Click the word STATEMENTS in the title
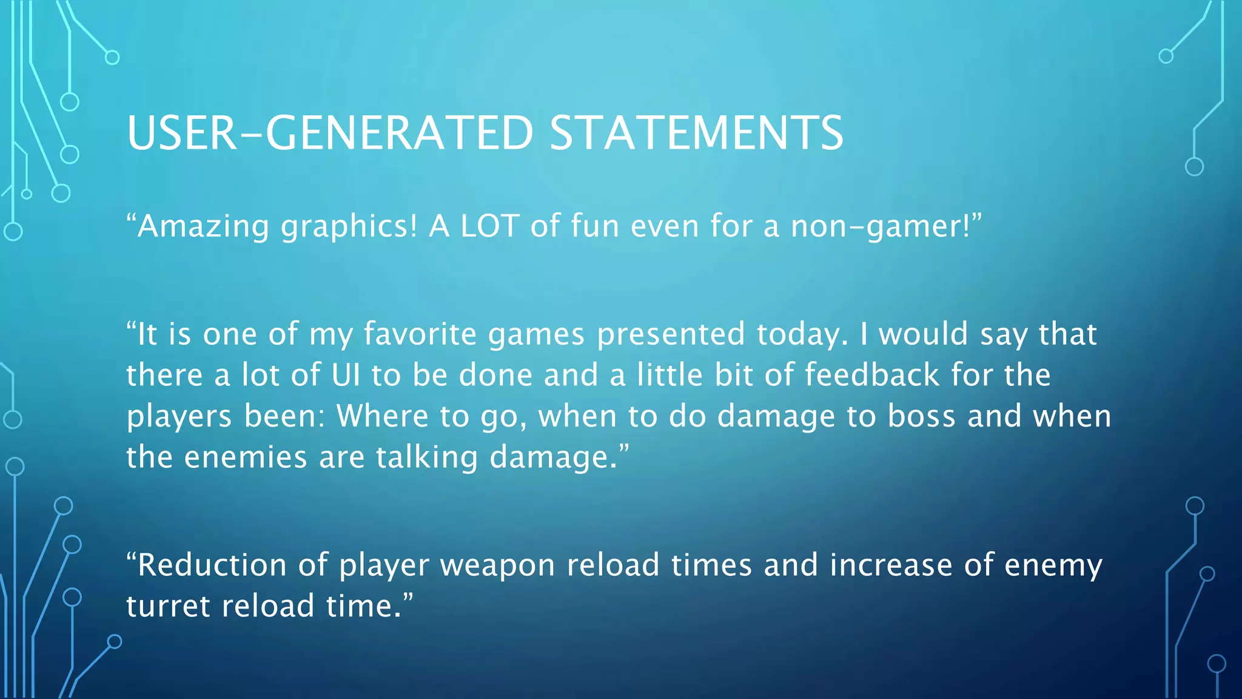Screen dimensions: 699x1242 (696, 133)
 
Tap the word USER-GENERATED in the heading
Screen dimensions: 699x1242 (330, 133)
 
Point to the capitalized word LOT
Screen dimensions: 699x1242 (489, 226)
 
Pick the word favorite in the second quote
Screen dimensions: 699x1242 (420, 334)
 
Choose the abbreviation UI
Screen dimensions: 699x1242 (346, 375)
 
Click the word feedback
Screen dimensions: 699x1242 (872, 375)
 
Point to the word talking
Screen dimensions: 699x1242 (427, 458)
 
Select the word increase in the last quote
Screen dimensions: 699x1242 (891, 565)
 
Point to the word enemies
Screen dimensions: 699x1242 (246, 458)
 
